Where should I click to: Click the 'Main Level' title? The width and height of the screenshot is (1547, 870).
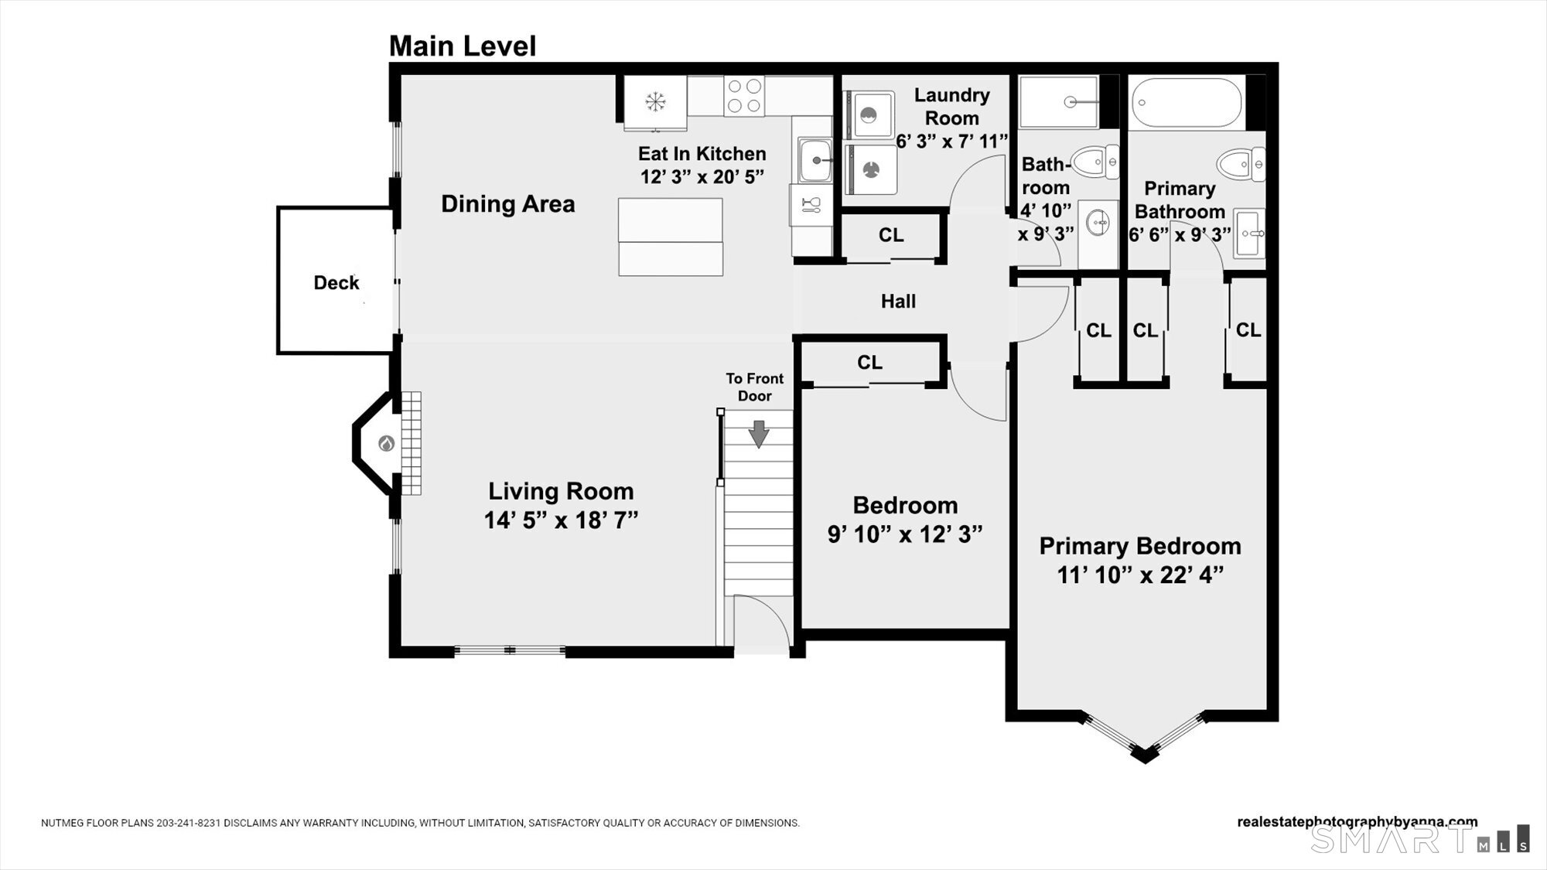462,46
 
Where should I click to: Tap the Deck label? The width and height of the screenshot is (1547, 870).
336,283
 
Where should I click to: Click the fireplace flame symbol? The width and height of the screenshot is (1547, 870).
387,444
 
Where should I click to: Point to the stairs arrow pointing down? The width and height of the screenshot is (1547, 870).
759,434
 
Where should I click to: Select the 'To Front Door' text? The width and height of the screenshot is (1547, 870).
755,387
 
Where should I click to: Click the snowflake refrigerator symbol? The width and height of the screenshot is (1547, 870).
656,101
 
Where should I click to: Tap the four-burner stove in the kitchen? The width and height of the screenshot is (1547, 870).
744,96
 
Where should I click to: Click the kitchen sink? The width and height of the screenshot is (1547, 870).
815,160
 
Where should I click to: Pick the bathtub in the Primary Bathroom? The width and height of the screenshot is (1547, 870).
1187,102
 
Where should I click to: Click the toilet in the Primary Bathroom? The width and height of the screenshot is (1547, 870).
1241,164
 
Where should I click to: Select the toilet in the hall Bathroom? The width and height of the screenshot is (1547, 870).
1096,162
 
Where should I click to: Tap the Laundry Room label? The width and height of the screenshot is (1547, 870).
952,107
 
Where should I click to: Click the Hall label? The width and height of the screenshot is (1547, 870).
898,302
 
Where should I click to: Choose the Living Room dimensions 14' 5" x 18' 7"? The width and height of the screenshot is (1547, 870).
561,520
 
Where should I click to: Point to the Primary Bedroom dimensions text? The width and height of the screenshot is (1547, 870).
1140,575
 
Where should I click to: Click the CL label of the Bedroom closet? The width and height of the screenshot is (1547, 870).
870,363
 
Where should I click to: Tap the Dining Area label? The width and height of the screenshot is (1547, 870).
508,204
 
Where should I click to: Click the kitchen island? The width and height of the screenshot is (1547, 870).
671,237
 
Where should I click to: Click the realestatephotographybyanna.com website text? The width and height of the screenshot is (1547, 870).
1357,822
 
